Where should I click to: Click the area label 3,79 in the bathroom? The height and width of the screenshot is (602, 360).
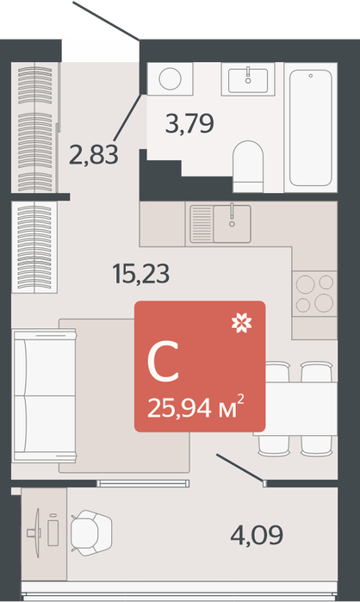189,123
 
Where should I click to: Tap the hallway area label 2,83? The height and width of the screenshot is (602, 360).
94,155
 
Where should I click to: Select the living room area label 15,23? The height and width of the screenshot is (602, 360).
141,274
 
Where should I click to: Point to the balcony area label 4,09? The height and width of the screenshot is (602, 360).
257,535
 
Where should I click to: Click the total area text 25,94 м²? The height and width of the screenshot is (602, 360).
196,407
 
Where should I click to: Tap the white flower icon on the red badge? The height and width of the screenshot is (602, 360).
242,323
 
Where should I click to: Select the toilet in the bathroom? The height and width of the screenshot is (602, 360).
248,166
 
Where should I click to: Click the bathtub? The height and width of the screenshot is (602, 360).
311,127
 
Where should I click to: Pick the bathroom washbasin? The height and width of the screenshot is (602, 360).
248,80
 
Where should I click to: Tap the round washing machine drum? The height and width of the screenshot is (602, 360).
170,78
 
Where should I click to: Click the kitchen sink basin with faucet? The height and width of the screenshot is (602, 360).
233,223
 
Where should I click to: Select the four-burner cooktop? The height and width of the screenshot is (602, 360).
314,294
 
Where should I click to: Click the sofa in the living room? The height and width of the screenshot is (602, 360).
44,395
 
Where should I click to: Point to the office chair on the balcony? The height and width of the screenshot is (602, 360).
91,533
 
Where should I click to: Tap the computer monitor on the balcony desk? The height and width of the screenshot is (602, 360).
37,533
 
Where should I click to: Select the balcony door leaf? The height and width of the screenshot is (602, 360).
240,469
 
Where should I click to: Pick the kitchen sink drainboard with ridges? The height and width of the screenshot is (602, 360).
202,223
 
